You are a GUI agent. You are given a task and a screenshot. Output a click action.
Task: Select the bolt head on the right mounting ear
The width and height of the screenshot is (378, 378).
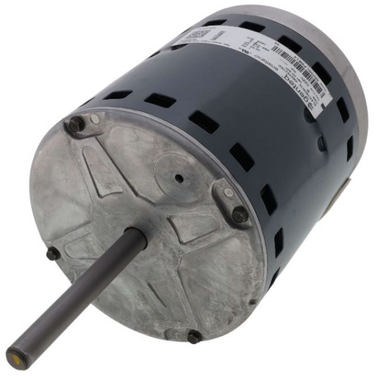tap(240, 214)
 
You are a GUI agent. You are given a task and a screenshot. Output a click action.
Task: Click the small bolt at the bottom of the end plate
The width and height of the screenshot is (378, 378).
tap(194, 336)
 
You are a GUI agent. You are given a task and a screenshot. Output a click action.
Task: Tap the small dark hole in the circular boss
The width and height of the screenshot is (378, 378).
tap(180, 178)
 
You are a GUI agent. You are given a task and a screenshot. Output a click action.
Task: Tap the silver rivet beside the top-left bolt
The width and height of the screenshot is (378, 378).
tap(94, 118)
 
